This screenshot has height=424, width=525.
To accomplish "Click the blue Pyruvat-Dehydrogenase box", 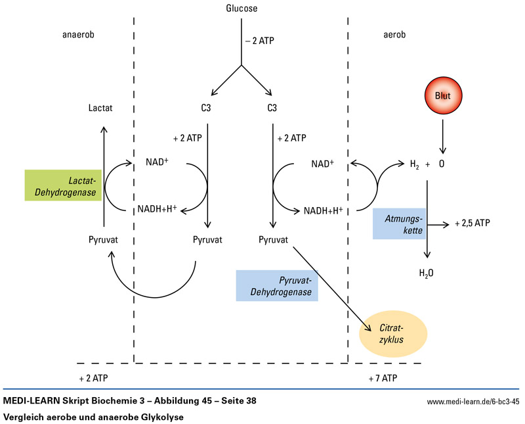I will (x=277, y=285).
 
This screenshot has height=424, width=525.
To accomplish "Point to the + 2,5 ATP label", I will (x=471, y=224).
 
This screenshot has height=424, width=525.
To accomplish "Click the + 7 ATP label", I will (x=383, y=379).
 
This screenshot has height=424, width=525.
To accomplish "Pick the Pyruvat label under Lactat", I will (x=103, y=239).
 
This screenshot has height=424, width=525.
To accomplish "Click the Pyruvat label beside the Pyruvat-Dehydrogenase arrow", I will (x=274, y=239).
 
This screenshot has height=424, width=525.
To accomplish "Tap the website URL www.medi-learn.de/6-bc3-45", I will (x=472, y=400).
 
